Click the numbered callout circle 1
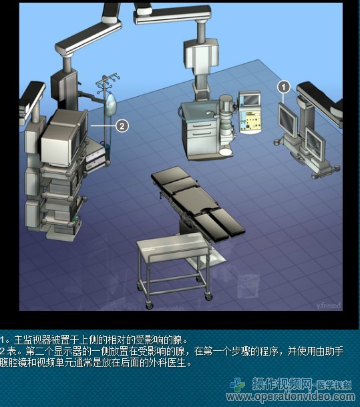[284, 87]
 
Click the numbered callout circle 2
[122, 126]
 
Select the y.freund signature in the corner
[329, 306]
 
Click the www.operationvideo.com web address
[291, 396]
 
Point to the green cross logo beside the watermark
[237, 385]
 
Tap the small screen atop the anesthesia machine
[250, 99]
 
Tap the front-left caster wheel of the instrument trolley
[149, 306]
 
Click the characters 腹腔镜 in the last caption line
[13, 363]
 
